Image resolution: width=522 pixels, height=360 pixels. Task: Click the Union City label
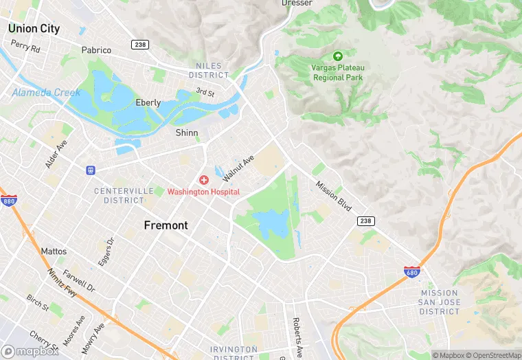[x=34, y=29]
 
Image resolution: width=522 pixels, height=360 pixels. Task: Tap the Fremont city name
[x=166, y=225]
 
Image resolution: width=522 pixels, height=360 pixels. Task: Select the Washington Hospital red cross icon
[x=204, y=180]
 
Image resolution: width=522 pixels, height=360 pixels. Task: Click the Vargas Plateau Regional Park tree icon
[x=337, y=56]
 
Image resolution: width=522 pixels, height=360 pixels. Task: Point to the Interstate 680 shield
[x=411, y=272]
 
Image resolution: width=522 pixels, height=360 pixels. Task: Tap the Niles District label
[x=208, y=70]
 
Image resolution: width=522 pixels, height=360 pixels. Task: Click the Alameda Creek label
[x=46, y=93]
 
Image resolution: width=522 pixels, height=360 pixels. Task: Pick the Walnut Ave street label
[x=238, y=167]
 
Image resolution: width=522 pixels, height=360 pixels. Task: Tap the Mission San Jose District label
[x=440, y=302]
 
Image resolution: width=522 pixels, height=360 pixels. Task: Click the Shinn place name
[x=186, y=133]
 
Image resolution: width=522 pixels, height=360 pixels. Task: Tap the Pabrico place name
[x=96, y=50]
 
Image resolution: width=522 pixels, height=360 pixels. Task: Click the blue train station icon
[x=90, y=170]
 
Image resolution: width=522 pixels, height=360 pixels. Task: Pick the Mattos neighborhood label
[x=54, y=251]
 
